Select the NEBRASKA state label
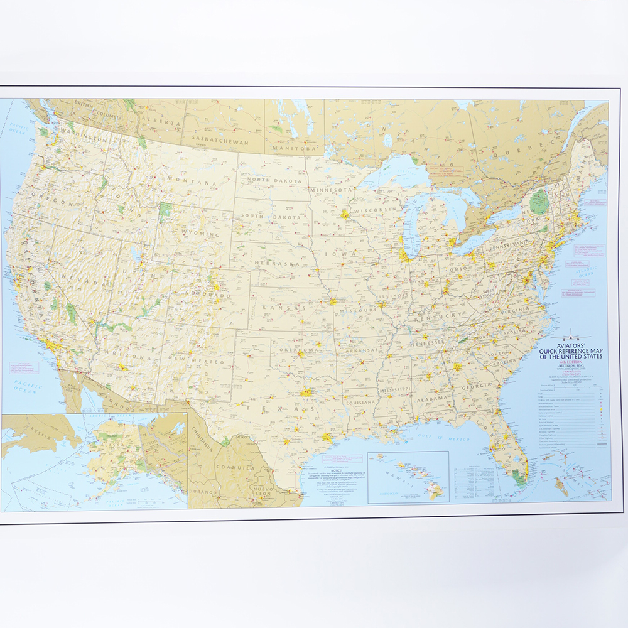coord(280,263)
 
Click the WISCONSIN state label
coord(375,210)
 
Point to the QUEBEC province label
coord(516,151)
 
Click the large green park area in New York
coord(538,202)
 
